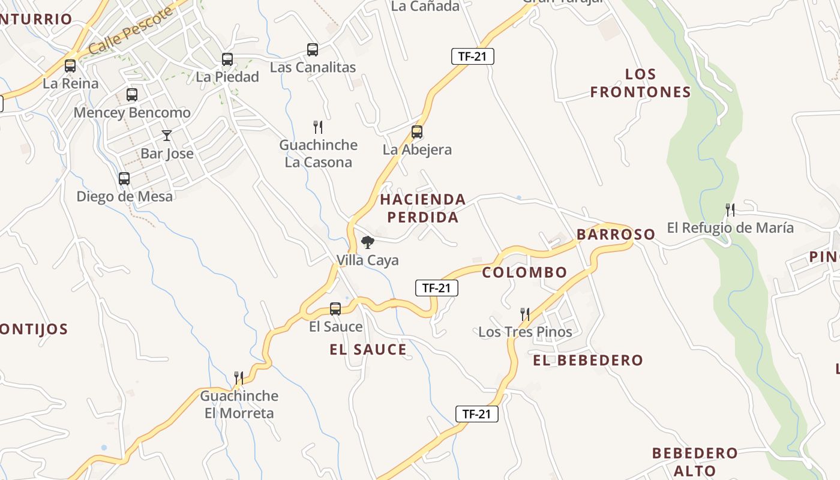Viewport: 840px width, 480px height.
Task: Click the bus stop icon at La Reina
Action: point(70,66)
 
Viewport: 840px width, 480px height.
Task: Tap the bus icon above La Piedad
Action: point(227,59)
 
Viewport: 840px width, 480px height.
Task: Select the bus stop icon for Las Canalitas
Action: point(313,50)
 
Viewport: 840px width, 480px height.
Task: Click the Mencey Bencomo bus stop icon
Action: point(132,95)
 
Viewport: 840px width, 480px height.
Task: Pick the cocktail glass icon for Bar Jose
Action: point(167,136)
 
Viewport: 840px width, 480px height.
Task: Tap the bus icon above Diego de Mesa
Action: point(124,179)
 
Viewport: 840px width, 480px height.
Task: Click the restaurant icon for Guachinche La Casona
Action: point(318,127)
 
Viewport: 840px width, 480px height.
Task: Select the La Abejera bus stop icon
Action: point(417,132)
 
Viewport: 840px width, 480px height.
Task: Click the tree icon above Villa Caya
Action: point(367,242)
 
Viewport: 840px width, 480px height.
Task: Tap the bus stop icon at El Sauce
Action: point(335,309)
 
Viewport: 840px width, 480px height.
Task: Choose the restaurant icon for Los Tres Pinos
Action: point(525,314)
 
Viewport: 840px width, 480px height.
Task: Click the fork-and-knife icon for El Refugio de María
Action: point(730,210)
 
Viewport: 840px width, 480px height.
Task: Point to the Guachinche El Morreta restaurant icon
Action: point(239,378)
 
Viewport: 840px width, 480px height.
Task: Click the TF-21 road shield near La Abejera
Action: point(472,57)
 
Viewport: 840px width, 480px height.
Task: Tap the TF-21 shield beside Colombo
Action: point(437,288)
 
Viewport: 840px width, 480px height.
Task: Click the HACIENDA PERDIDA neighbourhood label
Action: point(423,208)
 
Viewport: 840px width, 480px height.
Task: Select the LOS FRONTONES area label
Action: point(641,83)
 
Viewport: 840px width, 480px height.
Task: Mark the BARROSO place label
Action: point(616,234)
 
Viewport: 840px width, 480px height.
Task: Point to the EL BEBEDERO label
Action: point(588,361)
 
